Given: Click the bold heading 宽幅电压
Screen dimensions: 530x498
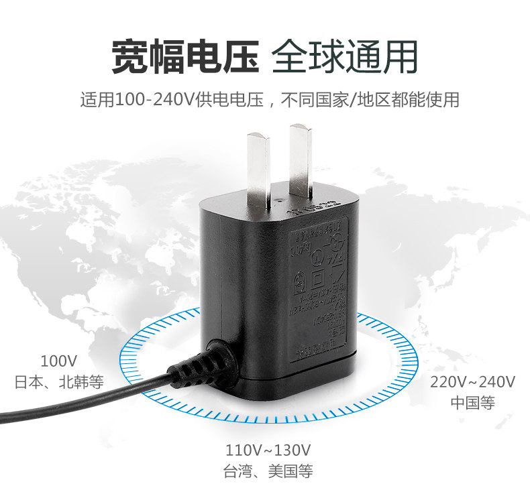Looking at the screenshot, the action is point(184,56).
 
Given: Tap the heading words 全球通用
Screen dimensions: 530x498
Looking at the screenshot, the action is point(345,56).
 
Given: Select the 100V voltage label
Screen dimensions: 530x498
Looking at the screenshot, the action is point(59,362).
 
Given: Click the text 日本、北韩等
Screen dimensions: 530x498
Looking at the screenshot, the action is point(59,382).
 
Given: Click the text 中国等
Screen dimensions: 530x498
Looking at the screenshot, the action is point(472,403).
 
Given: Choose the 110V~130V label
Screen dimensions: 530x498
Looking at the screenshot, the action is point(268,450).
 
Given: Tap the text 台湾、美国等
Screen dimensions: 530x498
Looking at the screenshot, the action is point(268,471).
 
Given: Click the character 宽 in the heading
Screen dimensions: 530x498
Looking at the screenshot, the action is point(129,56).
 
